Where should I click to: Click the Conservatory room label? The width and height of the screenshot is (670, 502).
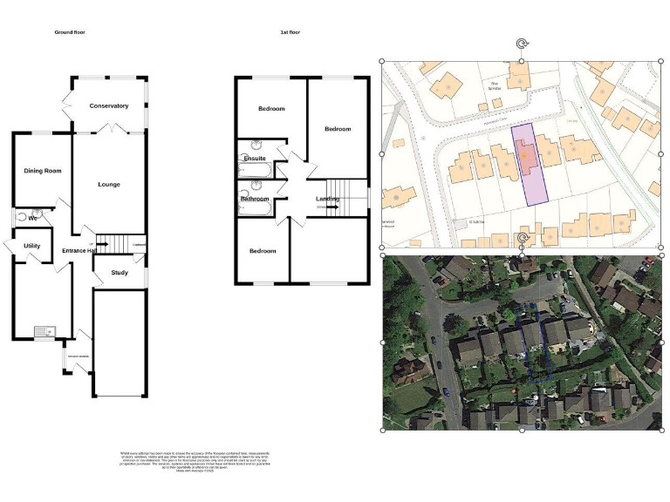(109, 106)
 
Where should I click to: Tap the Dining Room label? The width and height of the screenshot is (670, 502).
(42, 171)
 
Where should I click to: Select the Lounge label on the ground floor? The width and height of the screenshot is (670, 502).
(109, 185)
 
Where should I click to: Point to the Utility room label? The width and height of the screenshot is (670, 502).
(31, 247)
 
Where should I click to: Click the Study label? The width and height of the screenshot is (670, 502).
(120, 274)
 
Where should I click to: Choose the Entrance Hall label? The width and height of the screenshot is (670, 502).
(79, 252)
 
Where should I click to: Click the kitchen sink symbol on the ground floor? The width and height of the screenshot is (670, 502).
(44, 331)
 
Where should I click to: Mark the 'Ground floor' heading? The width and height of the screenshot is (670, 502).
(70, 32)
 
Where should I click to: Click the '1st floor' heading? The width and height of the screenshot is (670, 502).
(291, 32)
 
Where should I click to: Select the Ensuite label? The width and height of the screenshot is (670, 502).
(255, 159)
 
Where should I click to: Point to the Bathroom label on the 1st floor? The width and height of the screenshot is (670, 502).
(255, 200)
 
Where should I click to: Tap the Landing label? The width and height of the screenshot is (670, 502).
(327, 200)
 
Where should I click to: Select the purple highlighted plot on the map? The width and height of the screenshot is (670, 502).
(530, 161)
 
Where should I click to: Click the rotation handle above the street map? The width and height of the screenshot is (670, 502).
(522, 44)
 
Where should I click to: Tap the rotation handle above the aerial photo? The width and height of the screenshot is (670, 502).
(522, 238)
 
